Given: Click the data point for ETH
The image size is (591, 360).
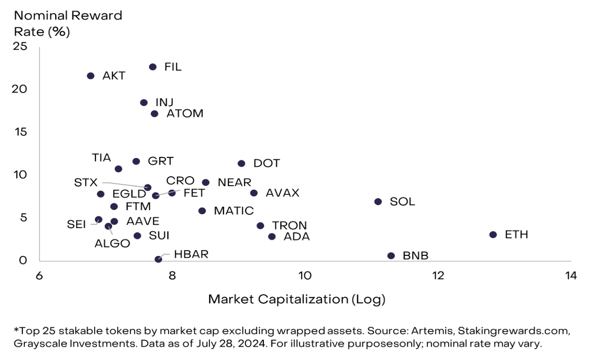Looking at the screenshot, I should point(493,235).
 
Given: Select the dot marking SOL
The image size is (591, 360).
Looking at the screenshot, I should point(378,202).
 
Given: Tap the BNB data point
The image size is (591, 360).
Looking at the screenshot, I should point(391,256).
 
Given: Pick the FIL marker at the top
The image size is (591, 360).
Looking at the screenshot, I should point(153,67).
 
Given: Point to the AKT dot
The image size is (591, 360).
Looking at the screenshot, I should point(91,76).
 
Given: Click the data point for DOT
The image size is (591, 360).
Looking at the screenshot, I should point(241,164).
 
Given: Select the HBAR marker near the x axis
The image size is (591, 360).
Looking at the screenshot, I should point(158,259).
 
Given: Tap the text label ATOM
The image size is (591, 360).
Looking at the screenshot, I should point(185,114).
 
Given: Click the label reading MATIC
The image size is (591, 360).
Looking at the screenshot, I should point(233,211).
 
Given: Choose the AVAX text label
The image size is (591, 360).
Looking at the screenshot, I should point(282,193).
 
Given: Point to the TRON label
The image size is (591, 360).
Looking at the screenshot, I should point(289,226).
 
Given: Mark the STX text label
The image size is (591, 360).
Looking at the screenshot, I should point(86,182).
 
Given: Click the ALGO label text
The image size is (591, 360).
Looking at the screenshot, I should point(112,243).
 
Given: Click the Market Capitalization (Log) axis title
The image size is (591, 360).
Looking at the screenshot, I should point(297,299).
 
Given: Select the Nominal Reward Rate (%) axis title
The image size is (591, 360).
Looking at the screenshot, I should point(68,24).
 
